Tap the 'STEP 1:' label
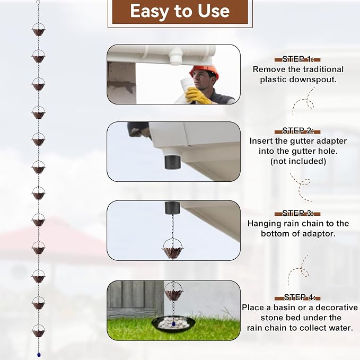pos(297,59)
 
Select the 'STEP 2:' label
pos(297,131)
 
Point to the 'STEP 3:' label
pos(297,213)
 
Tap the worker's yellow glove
pos(197,96)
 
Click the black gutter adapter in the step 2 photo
pos(172,162)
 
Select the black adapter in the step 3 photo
pos(172,208)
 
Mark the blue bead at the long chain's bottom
pos(39,355)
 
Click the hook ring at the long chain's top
pos(38,3)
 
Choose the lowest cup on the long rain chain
pos(39,331)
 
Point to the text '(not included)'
pos(298,161)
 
